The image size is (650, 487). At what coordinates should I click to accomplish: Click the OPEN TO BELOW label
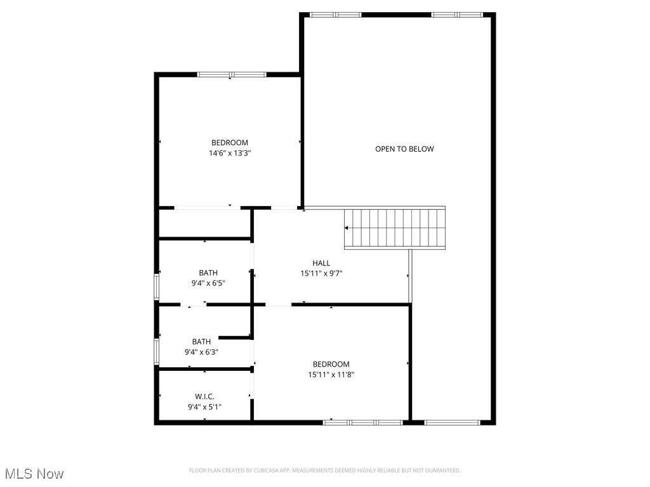404,149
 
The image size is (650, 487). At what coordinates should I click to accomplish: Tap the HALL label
321,263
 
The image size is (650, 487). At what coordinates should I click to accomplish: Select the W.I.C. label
204,396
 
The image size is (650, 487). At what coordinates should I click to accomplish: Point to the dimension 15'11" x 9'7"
321,274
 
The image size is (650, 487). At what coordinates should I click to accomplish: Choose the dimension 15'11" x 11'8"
331,375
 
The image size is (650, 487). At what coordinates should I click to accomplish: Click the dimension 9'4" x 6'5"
208,283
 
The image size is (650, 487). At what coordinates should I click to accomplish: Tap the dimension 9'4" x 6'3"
201,352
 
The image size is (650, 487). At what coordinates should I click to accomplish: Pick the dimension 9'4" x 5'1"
204,407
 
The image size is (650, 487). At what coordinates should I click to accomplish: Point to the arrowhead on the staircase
347,228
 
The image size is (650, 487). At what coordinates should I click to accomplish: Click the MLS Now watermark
34,474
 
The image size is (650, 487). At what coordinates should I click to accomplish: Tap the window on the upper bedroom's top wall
231,74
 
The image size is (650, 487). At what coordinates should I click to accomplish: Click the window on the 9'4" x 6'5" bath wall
157,285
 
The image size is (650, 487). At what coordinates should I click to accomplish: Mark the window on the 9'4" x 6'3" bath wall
157,351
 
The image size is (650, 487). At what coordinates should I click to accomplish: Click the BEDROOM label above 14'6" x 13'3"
230,143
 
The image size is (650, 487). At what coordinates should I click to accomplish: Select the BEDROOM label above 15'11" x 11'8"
331,364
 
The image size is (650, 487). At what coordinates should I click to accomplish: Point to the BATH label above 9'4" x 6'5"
208,273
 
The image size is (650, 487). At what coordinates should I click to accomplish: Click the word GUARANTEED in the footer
440,471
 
